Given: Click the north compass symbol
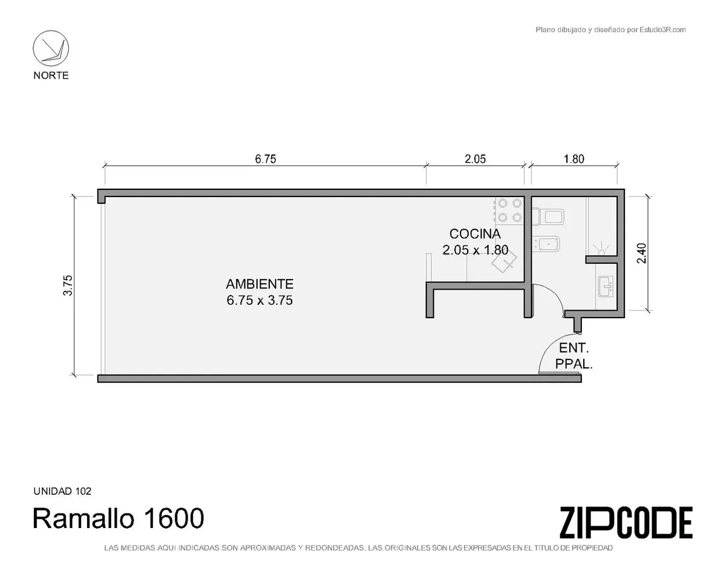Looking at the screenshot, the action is click(x=51, y=48).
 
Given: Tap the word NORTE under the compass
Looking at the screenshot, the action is click(x=51, y=75).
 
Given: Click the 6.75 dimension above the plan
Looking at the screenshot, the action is click(x=266, y=159).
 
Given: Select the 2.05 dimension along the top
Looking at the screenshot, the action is click(x=475, y=159).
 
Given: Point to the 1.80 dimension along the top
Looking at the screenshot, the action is click(x=574, y=159).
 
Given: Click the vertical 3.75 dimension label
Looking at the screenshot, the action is click(x=68, y=285).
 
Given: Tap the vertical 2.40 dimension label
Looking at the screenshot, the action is click(x=641, y=253).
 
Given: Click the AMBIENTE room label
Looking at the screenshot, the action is click(x=260, y=284).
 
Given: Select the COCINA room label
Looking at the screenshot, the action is click(x=475, y=233).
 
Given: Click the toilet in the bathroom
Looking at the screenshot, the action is click(x=548, y=216).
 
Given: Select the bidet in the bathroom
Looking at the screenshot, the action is click(x=546, y=244).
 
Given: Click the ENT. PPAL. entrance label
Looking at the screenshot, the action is click(x=574, y=356).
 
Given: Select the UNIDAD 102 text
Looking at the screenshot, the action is click(x=62, y=491).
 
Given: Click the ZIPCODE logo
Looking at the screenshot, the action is click(x=626, y=523).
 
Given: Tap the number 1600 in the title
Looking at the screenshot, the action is click(x=174, y=518).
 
